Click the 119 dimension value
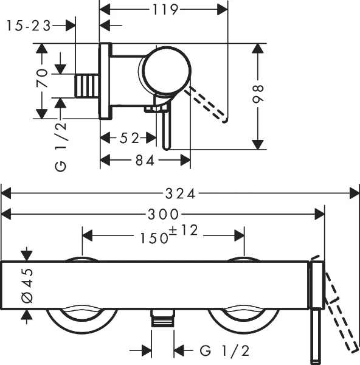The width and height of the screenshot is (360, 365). (165, 10)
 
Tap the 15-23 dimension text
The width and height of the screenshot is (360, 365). (29, 26)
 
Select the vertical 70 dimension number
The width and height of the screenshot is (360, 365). (42, 78)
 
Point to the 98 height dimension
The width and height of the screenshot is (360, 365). (258, 94)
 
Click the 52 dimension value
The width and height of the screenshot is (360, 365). (130, 138)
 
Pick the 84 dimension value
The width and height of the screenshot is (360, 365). (145, 161)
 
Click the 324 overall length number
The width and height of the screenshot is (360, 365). (181, 193)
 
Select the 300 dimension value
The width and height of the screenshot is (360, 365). (164, 214)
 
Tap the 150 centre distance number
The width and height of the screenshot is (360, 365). (154, 238)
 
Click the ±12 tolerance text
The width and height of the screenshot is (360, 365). (184, 230)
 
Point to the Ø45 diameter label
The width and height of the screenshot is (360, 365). (27, 285)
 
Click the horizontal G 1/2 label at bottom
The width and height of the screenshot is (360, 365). (225, 350)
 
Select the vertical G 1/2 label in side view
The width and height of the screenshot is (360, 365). (61, 147)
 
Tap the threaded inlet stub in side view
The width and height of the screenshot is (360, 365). (86, 86)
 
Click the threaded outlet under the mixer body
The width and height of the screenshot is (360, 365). (162, 318)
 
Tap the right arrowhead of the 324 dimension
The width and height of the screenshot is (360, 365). (355, 193)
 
